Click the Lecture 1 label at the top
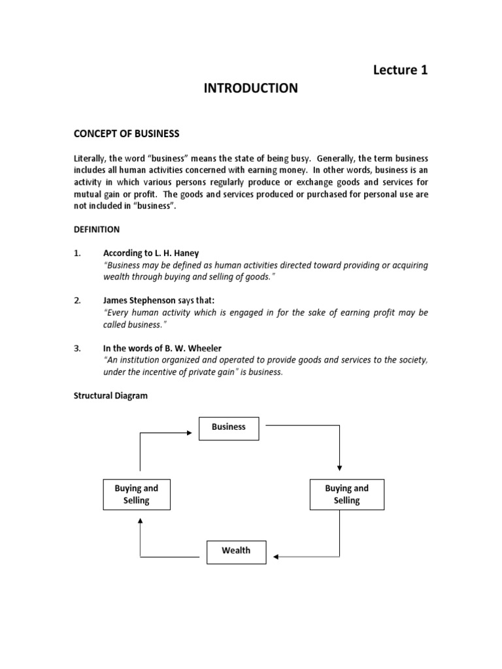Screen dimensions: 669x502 (x=401, y=71)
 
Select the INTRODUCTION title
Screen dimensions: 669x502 (x=250, y=88)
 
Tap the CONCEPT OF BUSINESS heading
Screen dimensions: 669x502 (x=125, y=133)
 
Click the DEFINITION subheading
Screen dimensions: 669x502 (x=96, y=229)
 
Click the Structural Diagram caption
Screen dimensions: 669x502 (x=110, y=396)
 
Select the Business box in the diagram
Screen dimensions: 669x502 (x=229, y=427)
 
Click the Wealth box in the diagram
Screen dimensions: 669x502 (x=236, y=551)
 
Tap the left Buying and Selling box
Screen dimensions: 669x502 (x=137, y=495)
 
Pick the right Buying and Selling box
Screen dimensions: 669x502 (x=346, y=495)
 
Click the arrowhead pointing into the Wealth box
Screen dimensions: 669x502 (x=276, y=557)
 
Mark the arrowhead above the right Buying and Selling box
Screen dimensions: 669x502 (x=339, y=468)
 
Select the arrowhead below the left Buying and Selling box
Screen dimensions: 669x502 (x=140, y=521)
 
